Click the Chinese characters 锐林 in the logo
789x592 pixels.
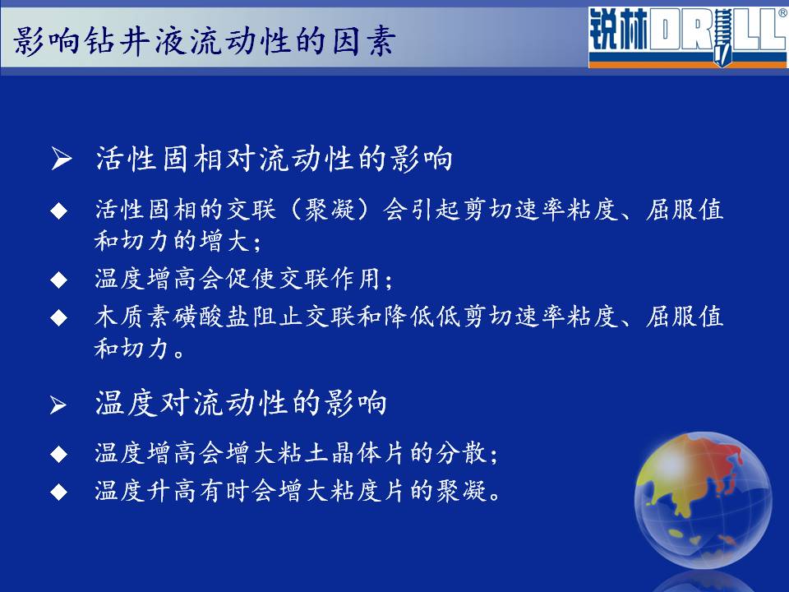point(618,30)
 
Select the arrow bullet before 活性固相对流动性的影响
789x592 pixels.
point(62,159)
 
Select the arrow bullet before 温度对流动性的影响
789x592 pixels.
point(58,405)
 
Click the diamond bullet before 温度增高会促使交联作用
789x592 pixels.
point(59,280)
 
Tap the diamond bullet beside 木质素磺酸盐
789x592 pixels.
point(59,317)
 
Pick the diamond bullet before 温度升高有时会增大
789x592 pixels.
point(59,492)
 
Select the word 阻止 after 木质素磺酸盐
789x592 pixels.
point(277,317)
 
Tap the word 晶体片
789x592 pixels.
point(369,452)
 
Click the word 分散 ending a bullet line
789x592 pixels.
point(461,452)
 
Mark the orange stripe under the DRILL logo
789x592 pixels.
point(688,64)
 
